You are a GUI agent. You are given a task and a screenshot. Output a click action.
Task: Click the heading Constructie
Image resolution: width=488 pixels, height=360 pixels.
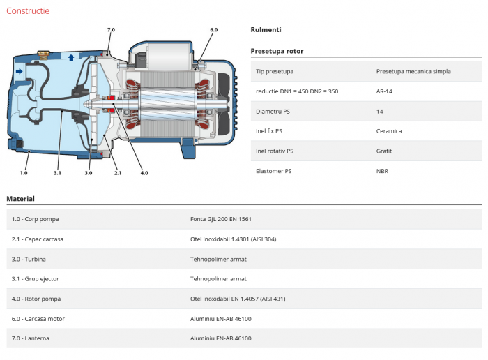tap(28, 11)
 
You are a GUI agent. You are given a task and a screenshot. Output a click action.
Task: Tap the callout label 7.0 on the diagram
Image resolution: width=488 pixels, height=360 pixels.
tap(111, 30)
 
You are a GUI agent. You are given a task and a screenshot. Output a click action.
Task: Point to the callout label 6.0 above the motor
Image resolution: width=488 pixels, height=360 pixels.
tap(213, 30)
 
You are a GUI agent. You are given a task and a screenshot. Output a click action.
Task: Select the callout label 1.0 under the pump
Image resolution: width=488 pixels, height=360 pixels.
tap(24, 172)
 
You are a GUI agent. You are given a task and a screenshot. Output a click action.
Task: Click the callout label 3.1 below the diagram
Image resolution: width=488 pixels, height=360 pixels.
tap(57, 172)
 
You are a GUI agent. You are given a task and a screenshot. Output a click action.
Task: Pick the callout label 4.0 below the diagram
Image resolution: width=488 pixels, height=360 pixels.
tap(144, 172)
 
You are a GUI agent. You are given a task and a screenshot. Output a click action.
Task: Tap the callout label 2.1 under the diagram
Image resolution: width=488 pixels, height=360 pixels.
tap(117, 172)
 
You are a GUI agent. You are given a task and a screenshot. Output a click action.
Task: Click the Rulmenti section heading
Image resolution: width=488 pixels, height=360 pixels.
tap(266, 30)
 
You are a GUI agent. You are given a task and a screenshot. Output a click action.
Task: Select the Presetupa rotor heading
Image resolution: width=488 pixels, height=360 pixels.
tap(277, 51)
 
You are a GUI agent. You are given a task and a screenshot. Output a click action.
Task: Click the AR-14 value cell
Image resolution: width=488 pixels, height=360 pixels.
tap(384, 91)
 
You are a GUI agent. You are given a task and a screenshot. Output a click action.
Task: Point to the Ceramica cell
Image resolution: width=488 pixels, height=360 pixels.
tap(388, 130)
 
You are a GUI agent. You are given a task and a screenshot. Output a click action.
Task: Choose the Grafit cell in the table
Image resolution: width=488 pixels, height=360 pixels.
tap(384, 150)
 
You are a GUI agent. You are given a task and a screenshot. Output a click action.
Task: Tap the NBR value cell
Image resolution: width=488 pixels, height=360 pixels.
tap(383, 170)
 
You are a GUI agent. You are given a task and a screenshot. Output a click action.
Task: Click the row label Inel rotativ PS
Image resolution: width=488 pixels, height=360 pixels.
tap(275, 150)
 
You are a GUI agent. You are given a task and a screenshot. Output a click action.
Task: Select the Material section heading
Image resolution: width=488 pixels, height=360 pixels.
tap(20, 199)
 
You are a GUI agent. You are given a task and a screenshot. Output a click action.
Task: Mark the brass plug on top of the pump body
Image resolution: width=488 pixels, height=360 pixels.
tap(41, 52)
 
